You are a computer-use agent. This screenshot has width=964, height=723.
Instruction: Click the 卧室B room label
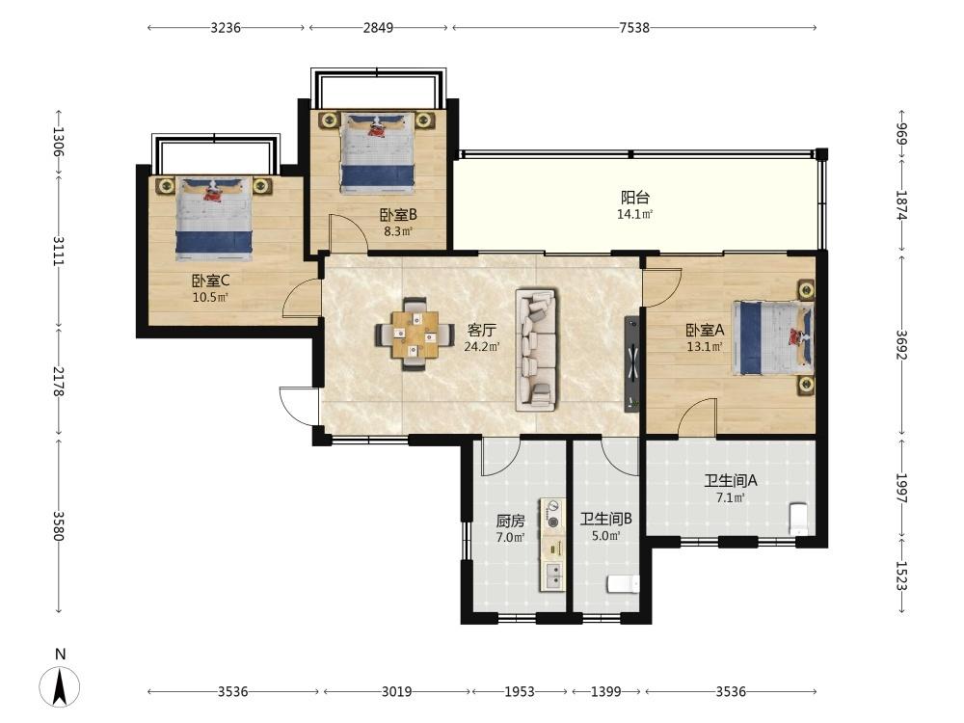point(398,215)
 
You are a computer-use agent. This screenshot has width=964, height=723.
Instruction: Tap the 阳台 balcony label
point(634,198)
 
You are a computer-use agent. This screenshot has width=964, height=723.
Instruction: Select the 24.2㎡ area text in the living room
point(481,347)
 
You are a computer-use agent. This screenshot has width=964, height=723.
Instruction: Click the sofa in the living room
point(536,350)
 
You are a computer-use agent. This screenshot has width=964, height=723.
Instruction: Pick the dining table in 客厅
point(415,335)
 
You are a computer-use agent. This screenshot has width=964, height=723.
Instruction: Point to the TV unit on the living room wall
point(631,364)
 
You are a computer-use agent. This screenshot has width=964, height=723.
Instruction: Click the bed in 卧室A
point(773,337)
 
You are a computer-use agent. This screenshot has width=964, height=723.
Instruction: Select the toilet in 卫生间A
point(798,518)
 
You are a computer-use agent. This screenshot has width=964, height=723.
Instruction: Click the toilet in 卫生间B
point(623,584)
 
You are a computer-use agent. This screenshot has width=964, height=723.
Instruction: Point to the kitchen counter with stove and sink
point(552,545)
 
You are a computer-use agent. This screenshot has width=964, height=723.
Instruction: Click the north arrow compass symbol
point(60,684)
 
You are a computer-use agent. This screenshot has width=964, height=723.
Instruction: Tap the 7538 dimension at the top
point(634,28)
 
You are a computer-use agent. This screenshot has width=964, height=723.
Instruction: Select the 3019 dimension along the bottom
point(396,691)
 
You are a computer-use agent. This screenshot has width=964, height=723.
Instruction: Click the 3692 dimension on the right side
point(901,345)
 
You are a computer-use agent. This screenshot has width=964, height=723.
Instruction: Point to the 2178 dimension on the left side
point(59,381)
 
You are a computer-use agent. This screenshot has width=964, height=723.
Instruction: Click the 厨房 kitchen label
point(510,522)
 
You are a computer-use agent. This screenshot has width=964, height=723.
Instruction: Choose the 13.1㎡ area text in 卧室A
point(705,347)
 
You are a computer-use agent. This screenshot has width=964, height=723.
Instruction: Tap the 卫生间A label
point(731,480)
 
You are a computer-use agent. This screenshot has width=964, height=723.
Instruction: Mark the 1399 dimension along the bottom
point(606,691)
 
